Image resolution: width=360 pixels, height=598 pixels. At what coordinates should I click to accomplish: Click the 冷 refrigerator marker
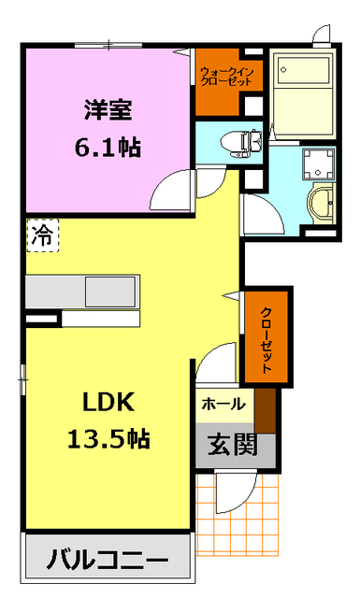41,235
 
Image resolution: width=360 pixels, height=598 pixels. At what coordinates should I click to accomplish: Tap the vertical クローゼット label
266,339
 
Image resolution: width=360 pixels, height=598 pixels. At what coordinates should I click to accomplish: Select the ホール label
223,404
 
